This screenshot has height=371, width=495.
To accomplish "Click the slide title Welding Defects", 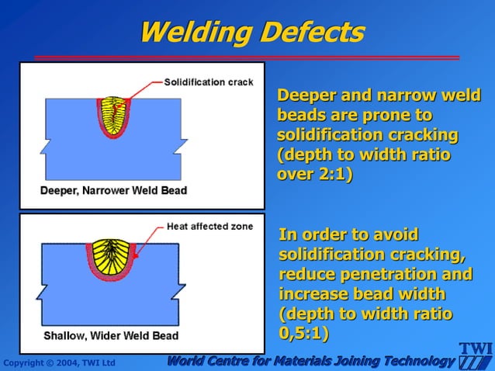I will (251, 32).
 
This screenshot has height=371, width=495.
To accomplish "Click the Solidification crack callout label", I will (208, 82).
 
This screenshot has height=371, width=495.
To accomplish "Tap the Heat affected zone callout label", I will (209, 227).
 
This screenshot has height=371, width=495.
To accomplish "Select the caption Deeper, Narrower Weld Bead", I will (113, 190).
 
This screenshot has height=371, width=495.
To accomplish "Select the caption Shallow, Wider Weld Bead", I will (110, 336).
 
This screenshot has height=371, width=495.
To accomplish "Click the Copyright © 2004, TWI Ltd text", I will (59, 362).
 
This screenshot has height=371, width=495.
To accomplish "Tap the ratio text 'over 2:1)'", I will (315, 173).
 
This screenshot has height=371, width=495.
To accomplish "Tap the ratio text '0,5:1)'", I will (303, 334).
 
